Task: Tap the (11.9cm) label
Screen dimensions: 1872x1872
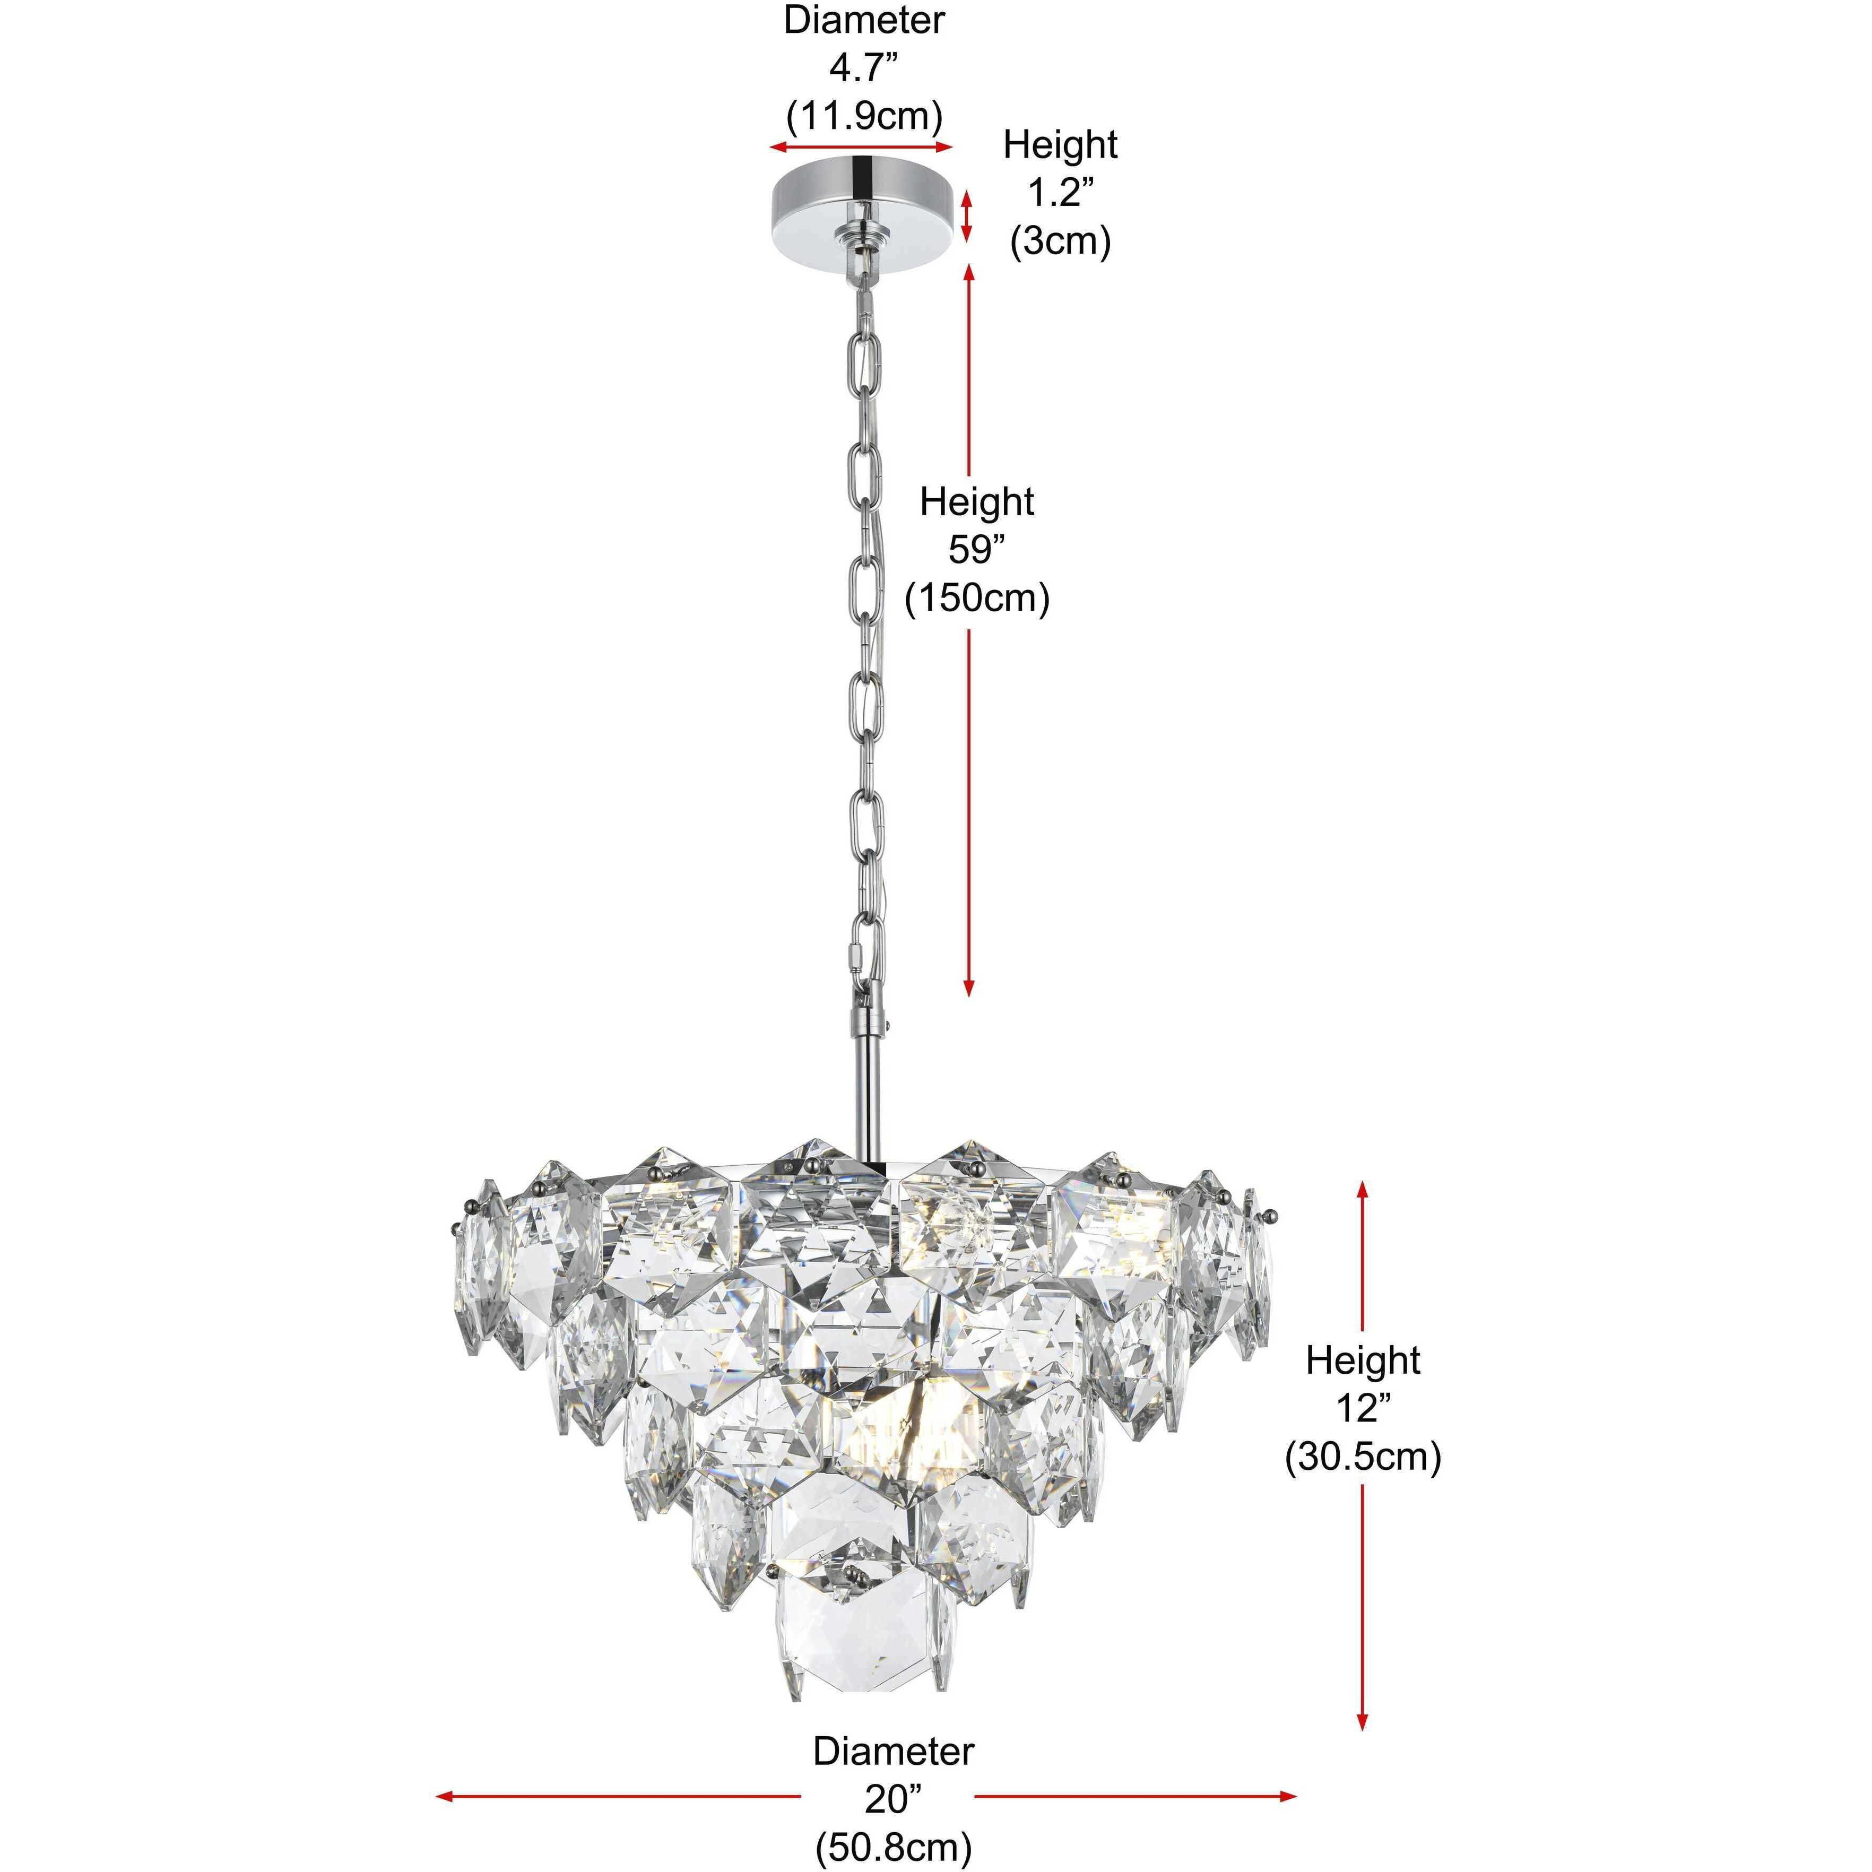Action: tap(863, 116)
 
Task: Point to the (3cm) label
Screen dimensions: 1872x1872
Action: tap(1060, 240)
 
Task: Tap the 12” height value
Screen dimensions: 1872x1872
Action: tap(1362, 1408)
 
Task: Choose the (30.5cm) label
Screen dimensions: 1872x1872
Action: tap(1362, 1457)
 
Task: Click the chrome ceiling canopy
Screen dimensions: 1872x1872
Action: tap(861, 206)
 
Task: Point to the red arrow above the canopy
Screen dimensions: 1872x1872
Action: tap(861, 148)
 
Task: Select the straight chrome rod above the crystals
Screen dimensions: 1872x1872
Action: tap(869, 1095)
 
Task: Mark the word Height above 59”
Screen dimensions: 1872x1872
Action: tap(977, 502)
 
